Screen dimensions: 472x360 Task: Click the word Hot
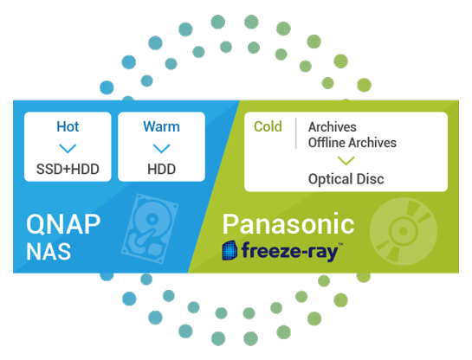[68, 126]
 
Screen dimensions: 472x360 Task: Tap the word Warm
[161, 126]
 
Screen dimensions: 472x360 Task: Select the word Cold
[268, 126]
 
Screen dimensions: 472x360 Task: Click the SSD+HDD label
[68, 169]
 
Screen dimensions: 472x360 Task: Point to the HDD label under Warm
[162, 169]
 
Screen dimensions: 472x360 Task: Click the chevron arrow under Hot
[68, 148]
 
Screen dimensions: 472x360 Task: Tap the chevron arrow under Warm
[162, 148]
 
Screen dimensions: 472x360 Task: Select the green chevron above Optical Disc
[346, 161]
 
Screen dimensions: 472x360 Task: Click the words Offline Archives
[352, 143]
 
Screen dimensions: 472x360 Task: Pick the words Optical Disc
[346, 179]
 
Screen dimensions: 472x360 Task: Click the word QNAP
[63, 224]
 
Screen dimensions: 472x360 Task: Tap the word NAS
[48, 252]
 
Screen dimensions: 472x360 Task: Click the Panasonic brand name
[288, 224]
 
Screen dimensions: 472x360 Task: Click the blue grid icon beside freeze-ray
[230, 250]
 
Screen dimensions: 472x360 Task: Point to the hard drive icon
[150, 228]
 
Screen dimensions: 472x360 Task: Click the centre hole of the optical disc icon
[403, 231]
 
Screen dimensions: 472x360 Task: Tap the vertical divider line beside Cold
[296, 133]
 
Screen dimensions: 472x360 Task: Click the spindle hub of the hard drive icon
[152, 219]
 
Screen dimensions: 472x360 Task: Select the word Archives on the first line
[333, 127]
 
